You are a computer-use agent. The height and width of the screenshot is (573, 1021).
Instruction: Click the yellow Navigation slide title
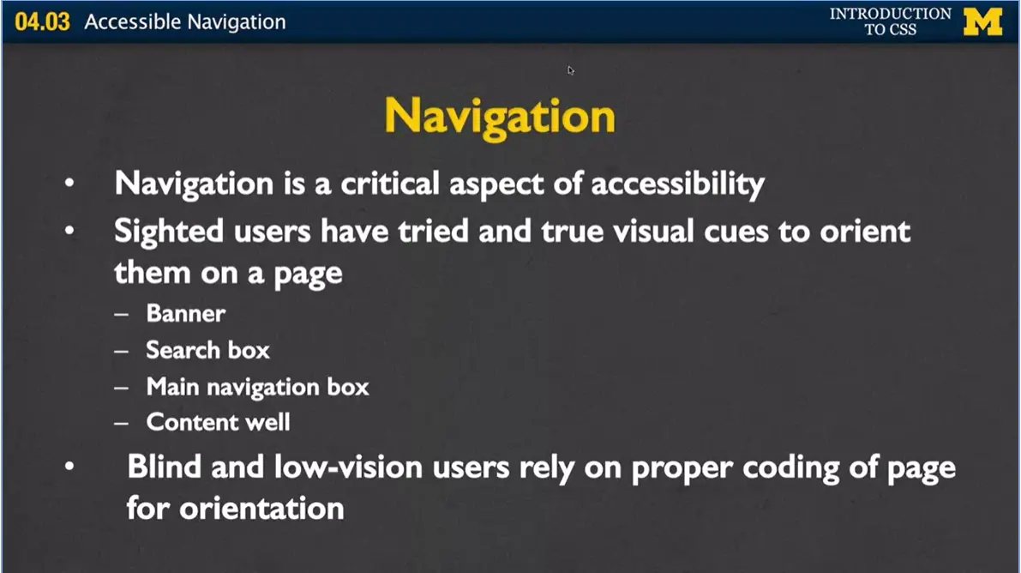tap(500, 116)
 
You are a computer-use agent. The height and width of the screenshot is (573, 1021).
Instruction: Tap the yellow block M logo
tap(982, 21)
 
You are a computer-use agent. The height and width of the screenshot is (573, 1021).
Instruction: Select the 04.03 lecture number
tap(42, 22)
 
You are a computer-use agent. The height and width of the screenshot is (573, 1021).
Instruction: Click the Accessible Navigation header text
tap(184, 22)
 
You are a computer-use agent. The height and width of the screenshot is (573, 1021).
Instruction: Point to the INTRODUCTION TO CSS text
tap(890, 21)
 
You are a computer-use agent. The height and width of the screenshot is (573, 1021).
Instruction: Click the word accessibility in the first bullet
tap(678, 184)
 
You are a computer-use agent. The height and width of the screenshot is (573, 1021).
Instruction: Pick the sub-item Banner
tap(186, 313)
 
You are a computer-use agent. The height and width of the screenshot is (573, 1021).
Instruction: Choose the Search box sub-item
tap(207, 350)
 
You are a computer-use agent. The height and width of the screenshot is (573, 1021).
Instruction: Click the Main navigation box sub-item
tap(257, 386)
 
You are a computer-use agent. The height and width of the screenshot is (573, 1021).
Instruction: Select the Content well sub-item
tap(218, 422)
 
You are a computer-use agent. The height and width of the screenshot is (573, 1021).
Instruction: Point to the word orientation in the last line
tap(261, 508)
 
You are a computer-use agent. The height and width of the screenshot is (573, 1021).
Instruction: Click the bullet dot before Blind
tap(69, 467)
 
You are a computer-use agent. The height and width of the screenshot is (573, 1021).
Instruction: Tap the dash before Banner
tap(121, 314)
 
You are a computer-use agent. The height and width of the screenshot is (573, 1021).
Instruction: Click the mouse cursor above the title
tap(570, 69)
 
